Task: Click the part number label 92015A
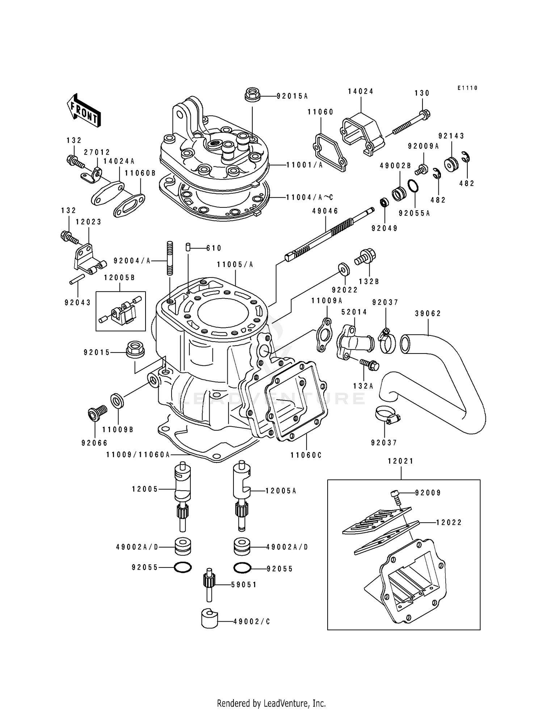point(292,96)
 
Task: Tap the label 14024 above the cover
point(361,92)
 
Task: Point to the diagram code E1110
point(467,88)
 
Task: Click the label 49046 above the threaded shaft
point(325,210)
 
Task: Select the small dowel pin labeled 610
point(188,247)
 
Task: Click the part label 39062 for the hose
point(428,313)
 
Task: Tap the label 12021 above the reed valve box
point(400,461)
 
